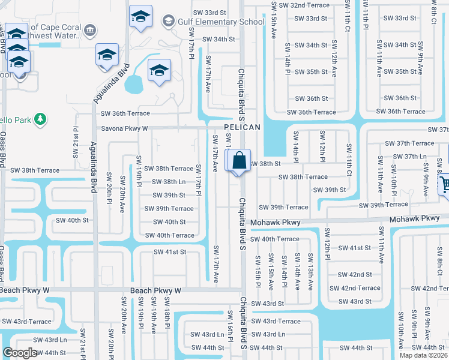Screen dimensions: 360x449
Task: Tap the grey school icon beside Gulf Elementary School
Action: [169, 22]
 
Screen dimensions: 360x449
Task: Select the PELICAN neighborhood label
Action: [243, 127]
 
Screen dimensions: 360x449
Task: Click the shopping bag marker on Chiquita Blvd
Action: [238, 161]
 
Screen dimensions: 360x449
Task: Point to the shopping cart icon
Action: [445, 187]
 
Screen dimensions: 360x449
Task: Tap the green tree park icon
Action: [40, 119]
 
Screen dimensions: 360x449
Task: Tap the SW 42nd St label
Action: [354, 275]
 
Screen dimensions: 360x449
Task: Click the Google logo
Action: [20, 353]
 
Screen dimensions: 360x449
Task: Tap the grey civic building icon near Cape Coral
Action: [90, 29]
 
